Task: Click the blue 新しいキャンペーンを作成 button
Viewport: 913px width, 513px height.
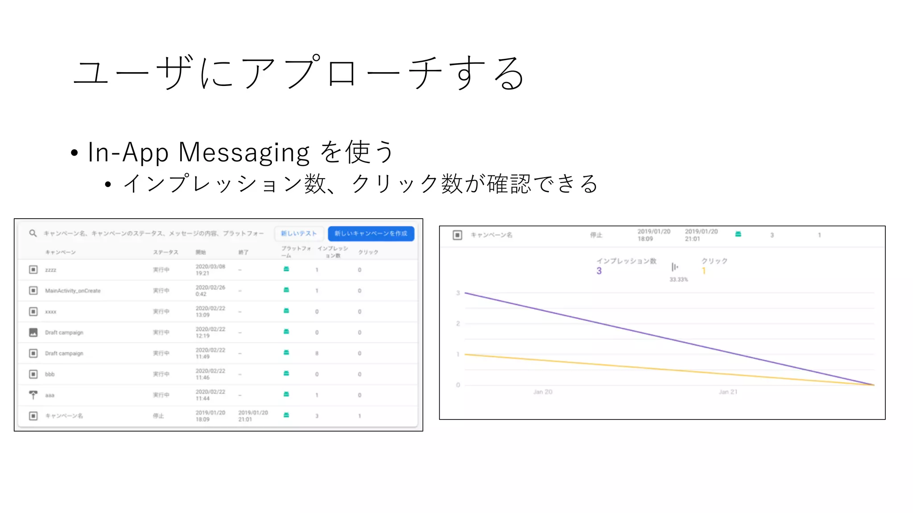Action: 371,233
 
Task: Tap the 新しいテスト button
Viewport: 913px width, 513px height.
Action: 299,233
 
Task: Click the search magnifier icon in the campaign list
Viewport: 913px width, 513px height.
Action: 33,233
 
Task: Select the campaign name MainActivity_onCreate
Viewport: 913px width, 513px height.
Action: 73,291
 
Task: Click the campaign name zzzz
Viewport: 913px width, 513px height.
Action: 50,270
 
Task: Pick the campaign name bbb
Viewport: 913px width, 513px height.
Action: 49,374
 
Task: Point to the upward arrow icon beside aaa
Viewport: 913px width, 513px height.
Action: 33,395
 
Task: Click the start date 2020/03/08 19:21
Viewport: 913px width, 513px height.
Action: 210,270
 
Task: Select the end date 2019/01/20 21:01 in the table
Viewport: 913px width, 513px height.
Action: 253,416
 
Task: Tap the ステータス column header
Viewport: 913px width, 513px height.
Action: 165,252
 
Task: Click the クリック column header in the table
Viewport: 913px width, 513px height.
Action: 368,252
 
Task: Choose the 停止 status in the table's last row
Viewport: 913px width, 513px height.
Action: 158,416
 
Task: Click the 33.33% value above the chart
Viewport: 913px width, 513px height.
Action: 679,280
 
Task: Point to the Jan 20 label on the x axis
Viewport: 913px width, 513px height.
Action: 543,392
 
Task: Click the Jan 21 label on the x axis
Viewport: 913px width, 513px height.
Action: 728,392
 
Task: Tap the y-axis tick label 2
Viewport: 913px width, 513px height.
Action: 458,324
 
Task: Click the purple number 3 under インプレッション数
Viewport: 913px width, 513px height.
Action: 599,271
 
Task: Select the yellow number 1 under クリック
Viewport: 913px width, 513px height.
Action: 704,271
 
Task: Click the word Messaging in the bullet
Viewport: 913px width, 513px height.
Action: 244,152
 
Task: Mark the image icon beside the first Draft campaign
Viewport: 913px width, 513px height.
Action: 33,332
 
